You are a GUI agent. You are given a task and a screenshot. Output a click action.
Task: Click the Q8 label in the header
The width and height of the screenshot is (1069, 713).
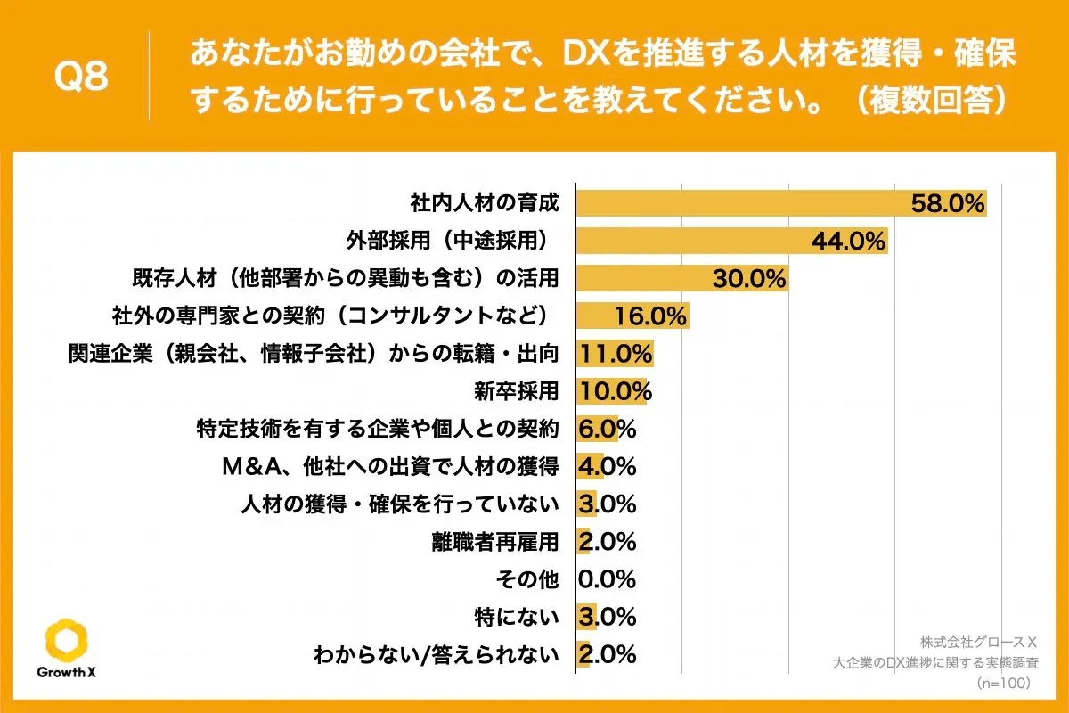pyautogui.click(x=81, y=78)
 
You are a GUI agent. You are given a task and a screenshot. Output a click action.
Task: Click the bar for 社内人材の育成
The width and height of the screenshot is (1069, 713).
pyautogui.click(x=739, y=203)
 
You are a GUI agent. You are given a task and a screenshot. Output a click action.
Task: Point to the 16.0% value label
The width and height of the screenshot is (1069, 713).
pyautogui.click(x=650, y=316)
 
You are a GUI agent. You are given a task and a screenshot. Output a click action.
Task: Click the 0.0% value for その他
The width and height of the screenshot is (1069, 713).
pyautogui.click(x=607, y=579)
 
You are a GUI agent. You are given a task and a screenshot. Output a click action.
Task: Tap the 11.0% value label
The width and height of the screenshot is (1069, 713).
pyautogui.click(x=616, y=354)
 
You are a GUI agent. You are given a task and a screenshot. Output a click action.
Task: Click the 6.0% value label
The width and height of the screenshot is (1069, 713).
pyautogui.click(x=607, y=429)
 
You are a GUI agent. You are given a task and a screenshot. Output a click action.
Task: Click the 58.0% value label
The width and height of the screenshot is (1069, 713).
pyautogui.click(x=947, y=204)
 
